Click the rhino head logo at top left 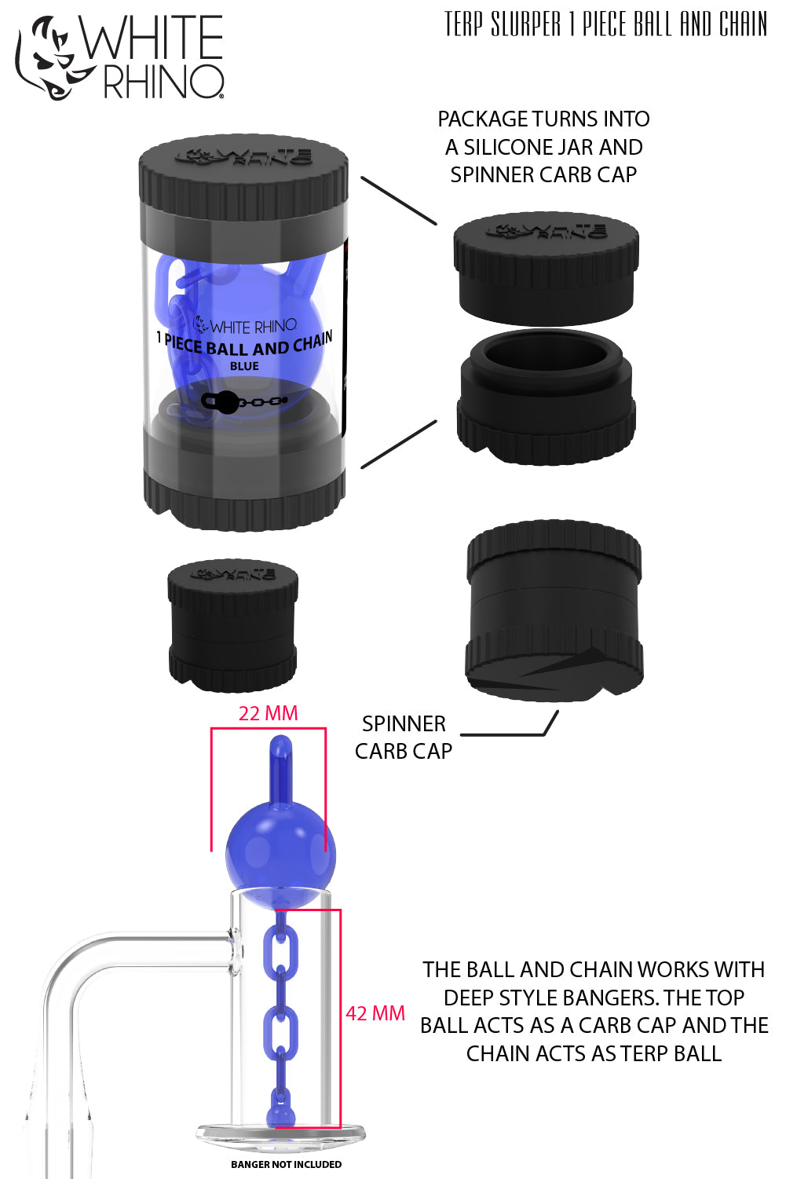pyautogui.click(x=49, y=59)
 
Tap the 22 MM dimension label pyautogui.click(x=268, y=713)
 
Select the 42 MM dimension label pyautogui.click(x=375, y=1013)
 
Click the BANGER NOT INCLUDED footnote pyautogui.click(x=286, y=1164)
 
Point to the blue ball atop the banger pyautogui.click(x=280, y=852)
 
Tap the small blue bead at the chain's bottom pyautogui.click(x=280, y=1115)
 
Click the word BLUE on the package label pyautogui.click(x=244, y=366)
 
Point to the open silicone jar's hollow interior pyautogui.click(x=546, y=355)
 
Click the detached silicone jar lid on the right pyautogui.click(x=546, y=267)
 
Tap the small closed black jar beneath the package pyautogui.click(x=232, y=624)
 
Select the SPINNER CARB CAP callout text pyautogui.click(x=404, y=738)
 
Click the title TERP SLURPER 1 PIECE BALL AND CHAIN pyautogui.click(x=605, y=24)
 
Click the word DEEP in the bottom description pyautogui.click(x=473, y=998)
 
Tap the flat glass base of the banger pyautogui.click(x=280, y=1135)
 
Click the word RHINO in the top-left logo pyautogui.click(x=163, y=82)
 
